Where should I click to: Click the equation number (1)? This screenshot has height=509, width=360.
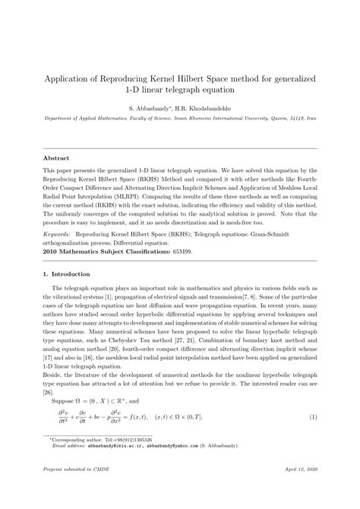[314, 417]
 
